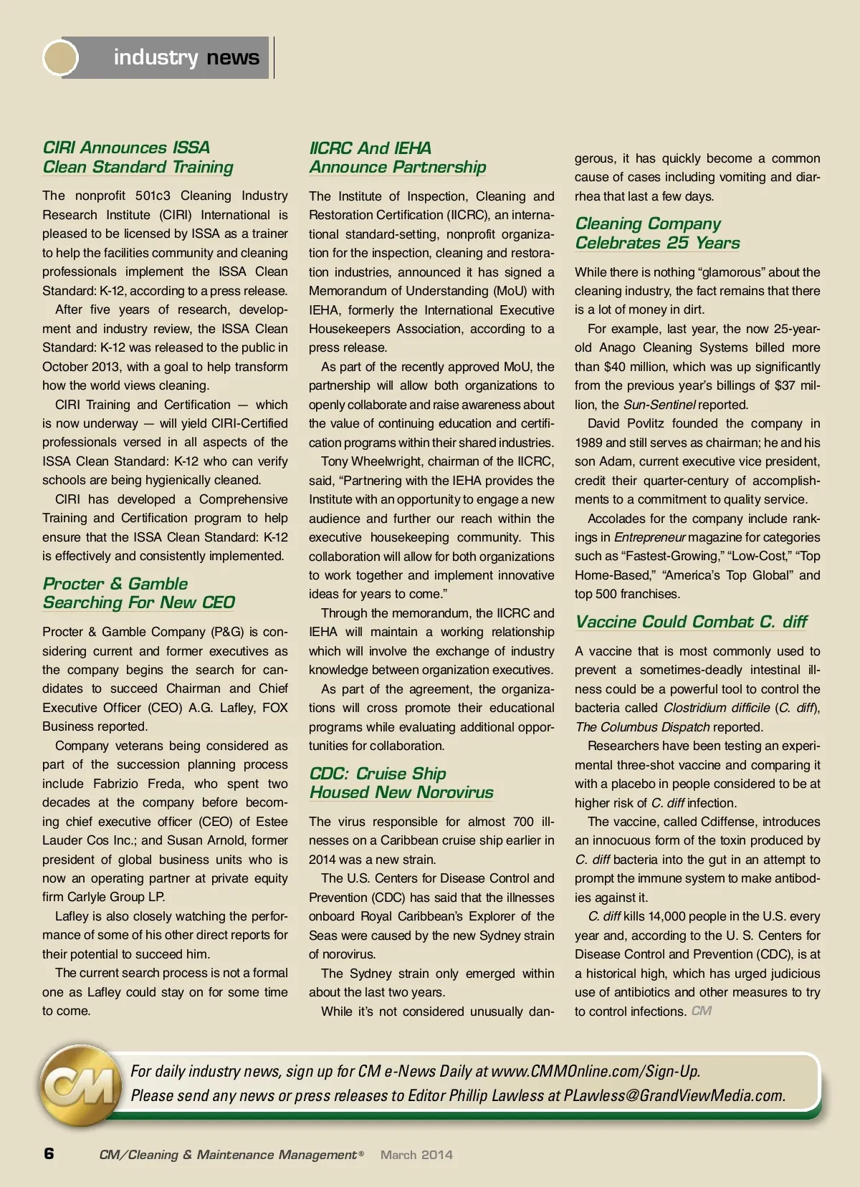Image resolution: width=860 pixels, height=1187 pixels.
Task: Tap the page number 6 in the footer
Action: (x=49, y=1153)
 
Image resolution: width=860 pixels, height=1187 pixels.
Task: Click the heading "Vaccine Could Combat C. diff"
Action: (x=691, y=622)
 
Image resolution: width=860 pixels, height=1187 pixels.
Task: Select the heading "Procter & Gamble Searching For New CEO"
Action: (x=138, y=593)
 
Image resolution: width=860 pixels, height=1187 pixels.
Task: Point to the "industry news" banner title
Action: (x=186, y=57)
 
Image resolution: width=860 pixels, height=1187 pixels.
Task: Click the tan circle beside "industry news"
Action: (x=61, y=57)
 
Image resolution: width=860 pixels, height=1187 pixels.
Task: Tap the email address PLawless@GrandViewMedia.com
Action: (x=674, y=1095)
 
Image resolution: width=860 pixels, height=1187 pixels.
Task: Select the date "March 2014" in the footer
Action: (x=416, y=1155)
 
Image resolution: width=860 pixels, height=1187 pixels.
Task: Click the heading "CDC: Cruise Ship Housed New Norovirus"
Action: (x=401, y=783)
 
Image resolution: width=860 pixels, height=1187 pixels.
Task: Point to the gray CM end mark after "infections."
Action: (x=702, y=1011)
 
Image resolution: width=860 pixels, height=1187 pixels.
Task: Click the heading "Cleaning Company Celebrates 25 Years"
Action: (x=657, y=234)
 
